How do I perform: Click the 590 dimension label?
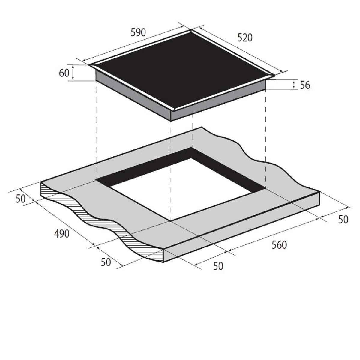138,33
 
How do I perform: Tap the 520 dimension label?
245,38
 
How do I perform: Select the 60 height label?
64,73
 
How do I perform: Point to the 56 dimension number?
305,85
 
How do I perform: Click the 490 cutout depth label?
62,234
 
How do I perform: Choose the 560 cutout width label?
279,245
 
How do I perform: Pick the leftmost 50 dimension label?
21,199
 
